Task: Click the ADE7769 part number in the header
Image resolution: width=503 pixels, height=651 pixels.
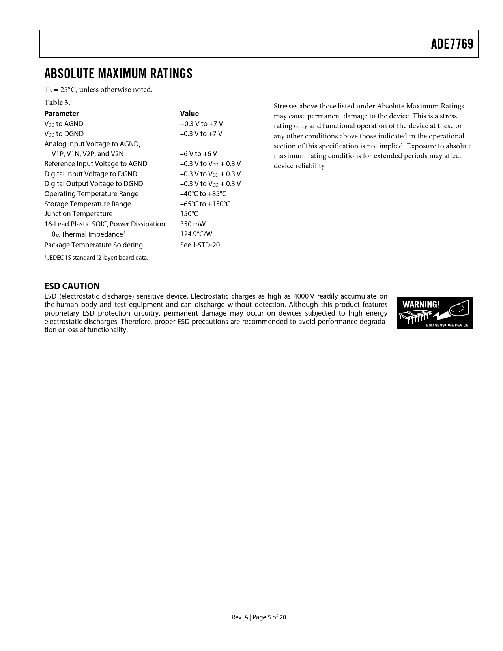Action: pos(452,44)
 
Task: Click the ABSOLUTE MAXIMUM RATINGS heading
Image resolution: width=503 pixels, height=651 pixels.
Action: pos(118,74)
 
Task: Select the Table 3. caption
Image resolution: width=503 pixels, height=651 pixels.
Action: pos(57,103)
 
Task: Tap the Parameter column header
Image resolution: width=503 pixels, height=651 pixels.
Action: pos(62,114)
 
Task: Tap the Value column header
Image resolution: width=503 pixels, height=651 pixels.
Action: pos(189,114)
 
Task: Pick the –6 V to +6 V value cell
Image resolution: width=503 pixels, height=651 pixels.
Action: pos(198,154)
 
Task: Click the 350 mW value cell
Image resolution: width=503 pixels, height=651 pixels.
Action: pos(193,224)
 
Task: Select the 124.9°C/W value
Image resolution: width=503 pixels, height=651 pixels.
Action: pos(196,234)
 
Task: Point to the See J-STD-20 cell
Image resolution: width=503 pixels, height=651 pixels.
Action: pos(200,245)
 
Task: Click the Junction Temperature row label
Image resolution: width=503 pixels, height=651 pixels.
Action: pos(78,214)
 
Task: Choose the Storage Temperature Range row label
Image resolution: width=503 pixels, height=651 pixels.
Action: pos(88,204)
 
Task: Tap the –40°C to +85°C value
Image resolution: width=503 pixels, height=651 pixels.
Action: pos(203,194)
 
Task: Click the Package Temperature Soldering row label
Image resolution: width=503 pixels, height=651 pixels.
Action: pos(93,245)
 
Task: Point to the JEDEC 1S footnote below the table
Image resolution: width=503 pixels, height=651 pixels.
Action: pos(97,258)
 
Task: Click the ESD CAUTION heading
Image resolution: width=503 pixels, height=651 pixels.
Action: pos(72,286)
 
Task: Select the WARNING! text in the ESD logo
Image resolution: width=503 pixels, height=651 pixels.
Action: pos(421,305)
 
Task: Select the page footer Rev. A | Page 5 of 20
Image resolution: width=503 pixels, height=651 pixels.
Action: pos(258,617)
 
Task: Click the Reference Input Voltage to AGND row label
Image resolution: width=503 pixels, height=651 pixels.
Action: pos(96,164)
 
